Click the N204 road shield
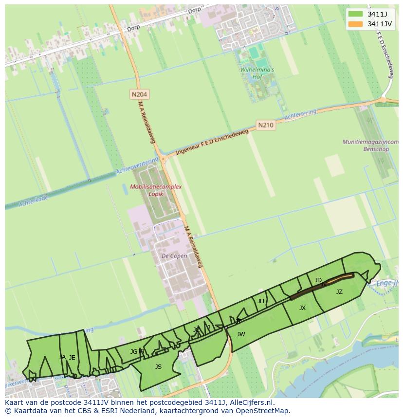[x=139, y=94]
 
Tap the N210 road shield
[x=265, y=125]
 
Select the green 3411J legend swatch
[x=356, y=14]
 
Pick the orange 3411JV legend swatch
[x=356, y=24]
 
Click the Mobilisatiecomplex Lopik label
[x=156, y=190]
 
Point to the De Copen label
[x=174, y=255]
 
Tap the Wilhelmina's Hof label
[x=257, y=73]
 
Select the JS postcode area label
[x=158, y=367]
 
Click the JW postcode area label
[x=241, y=334]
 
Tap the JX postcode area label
[x=302, y=308]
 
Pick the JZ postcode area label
[x=339, y=292]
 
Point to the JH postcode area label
[x=260, y=301]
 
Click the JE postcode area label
[x=72, y=358]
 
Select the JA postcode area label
[x=62, y=357]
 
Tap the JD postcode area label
[x=318, y=280]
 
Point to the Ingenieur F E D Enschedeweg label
[x=212, y=142]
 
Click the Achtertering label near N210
[x=300, y=115]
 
